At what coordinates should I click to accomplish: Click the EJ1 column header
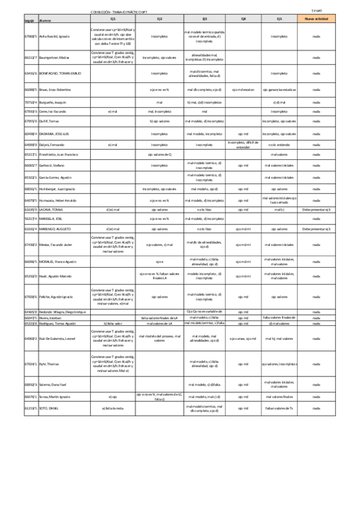[x=112, y=19]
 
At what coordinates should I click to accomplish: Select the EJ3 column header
[x=204, y=19]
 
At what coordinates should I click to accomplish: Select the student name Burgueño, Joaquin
[x=53, y=103]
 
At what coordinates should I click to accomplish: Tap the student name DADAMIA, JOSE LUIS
[x=54, y=134]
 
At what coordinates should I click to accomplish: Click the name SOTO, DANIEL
[x=48, y=425]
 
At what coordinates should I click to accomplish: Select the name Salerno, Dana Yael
[x=53, y=384]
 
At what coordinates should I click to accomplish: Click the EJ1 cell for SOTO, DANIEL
[x=112, y=425]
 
